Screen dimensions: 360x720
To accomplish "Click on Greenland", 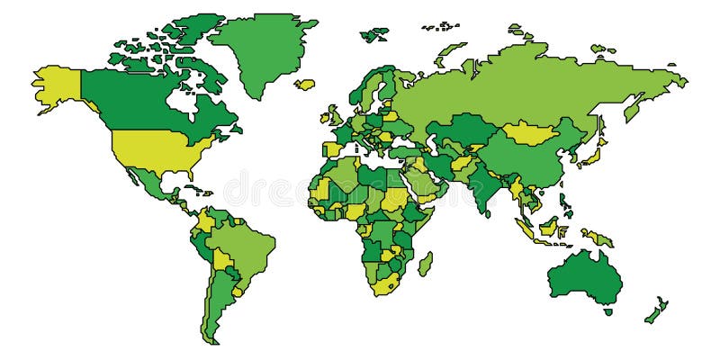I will [x=261, y=49].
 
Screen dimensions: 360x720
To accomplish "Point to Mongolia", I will [x=531, y=132].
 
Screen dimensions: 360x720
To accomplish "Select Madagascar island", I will [x=425, y=264].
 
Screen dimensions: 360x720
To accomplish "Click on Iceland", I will [x=305, y=85].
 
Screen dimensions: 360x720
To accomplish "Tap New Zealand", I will [x=655, y=311].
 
